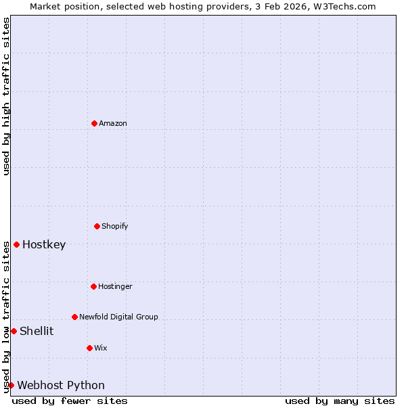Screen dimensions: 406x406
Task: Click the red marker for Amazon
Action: (x=94, y=123)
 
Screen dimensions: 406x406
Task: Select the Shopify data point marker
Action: (x=97, y=226)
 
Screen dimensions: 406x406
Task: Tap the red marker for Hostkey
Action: (x=16, y=244)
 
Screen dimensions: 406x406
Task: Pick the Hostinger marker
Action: (x=93, y=286)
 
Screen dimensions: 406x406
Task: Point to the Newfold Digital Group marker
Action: (x=74, y=317)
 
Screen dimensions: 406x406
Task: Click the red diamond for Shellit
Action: (x=14, y=331)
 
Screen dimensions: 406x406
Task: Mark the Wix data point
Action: (x=89, y=348)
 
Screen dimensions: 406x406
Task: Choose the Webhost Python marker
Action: (x=11, y=385)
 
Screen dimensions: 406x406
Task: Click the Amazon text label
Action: (x=113, y=123)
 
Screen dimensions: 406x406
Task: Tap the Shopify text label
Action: (x=115, y=226)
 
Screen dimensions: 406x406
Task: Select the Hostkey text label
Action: (x=44, y=244)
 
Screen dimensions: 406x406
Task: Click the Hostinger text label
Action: (x=115, y=286)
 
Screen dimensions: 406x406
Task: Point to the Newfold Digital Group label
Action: (x=118, y=317)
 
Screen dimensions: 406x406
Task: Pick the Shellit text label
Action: (x=37, y=331)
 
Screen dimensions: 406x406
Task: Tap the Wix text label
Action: (x=100, y=348)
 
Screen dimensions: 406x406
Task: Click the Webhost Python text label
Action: (x=61, y=385)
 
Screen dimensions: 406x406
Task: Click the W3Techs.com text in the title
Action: (x=346, y=6)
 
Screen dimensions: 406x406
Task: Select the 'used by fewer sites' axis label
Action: (x=70, y=401)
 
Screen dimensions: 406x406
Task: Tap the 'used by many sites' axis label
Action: (x=340, y=401)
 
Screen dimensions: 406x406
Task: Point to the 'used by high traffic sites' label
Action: (x=6, y=96)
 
